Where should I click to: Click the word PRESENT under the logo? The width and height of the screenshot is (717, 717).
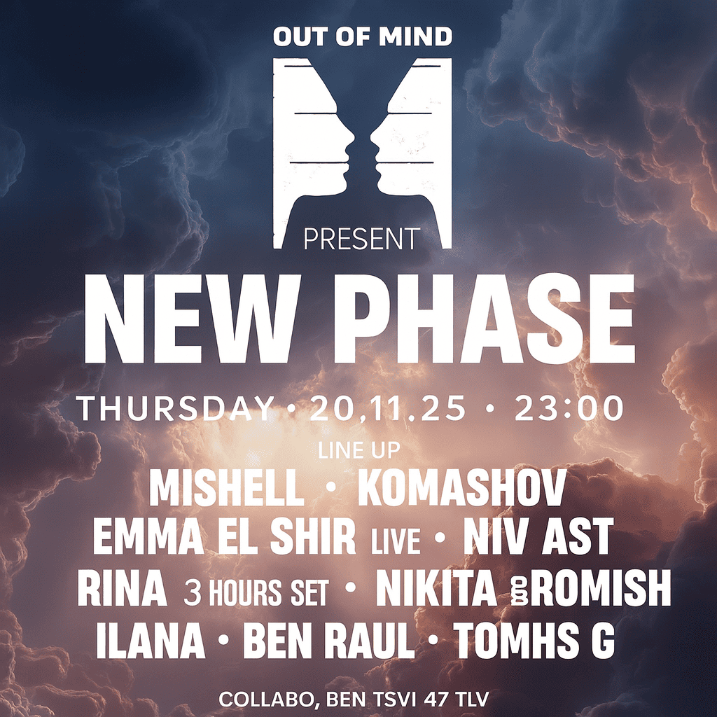tap(361, 239)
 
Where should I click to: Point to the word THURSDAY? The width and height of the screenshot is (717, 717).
tap(175, 408)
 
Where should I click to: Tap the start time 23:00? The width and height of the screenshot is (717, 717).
tap(569, 408)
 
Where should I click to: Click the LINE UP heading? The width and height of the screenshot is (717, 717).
tap(359, 450)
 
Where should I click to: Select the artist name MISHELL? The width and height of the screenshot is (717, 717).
tap(228, 488)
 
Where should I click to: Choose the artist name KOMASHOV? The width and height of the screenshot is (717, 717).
tap(462, 488)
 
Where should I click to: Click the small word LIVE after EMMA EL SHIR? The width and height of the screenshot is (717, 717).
tap(396, 542)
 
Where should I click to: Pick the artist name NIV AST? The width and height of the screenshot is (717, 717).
tap(538, 536)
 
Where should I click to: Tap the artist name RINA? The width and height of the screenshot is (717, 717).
tap(122, 587)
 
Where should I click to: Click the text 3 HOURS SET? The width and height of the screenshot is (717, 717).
tap(256, 592)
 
